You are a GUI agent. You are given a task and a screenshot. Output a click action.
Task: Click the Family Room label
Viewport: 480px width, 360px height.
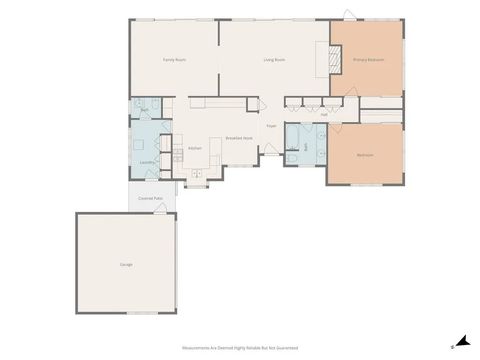coord(175,60)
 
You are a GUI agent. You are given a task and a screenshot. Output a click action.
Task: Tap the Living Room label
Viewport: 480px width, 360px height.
coord(275,60)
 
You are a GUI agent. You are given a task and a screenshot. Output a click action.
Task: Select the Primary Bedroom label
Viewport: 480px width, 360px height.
coord(369,60)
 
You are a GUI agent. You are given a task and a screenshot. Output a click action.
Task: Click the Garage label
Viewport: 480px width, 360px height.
coord(127,264)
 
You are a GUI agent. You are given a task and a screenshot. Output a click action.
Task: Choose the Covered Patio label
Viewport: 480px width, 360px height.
coord(151,199)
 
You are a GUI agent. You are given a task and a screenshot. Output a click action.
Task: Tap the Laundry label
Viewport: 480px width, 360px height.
coord(146,162)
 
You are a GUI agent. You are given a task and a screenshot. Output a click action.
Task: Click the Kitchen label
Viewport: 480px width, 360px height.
coord(195,149)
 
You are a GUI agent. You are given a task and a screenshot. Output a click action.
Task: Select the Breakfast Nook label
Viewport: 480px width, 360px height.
coord(238,138)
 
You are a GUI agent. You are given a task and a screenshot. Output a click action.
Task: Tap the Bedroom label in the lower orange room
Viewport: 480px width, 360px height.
coord(365,154)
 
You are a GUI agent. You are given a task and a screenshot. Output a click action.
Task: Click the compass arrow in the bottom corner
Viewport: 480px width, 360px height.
coord(461,341)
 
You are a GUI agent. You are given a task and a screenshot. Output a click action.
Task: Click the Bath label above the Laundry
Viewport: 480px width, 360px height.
coord(145,109)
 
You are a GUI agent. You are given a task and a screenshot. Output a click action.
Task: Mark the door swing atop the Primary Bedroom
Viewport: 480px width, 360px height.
coord(348,14)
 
